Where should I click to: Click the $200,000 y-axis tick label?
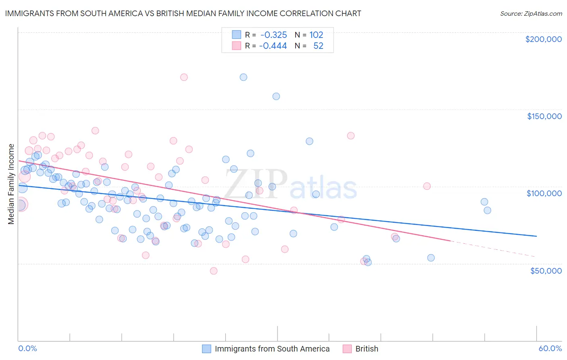point(543,39)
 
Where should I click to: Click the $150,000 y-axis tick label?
point(544,116)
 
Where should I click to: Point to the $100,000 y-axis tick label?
point(544,193)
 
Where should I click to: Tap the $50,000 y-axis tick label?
point(546,271)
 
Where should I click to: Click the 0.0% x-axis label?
point(27,349)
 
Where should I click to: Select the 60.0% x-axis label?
point(550,349)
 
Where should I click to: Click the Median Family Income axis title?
point(11,184)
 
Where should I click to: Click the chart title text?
point(183,13)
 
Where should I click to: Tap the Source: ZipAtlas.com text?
point(531,13)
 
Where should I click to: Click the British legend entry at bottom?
point(366,349)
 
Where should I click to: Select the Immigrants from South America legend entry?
point(272,349)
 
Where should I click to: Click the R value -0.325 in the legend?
point(273,35)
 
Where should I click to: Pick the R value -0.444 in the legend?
point(273,46)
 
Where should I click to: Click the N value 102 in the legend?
point(316,35)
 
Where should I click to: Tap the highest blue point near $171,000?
point(243,77)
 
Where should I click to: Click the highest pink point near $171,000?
point(184,77)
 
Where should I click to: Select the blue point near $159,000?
point(276,96)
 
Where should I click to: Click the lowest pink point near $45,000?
point(214,271)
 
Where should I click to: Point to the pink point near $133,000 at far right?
point(351,136)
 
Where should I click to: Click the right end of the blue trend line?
point(536,236)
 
